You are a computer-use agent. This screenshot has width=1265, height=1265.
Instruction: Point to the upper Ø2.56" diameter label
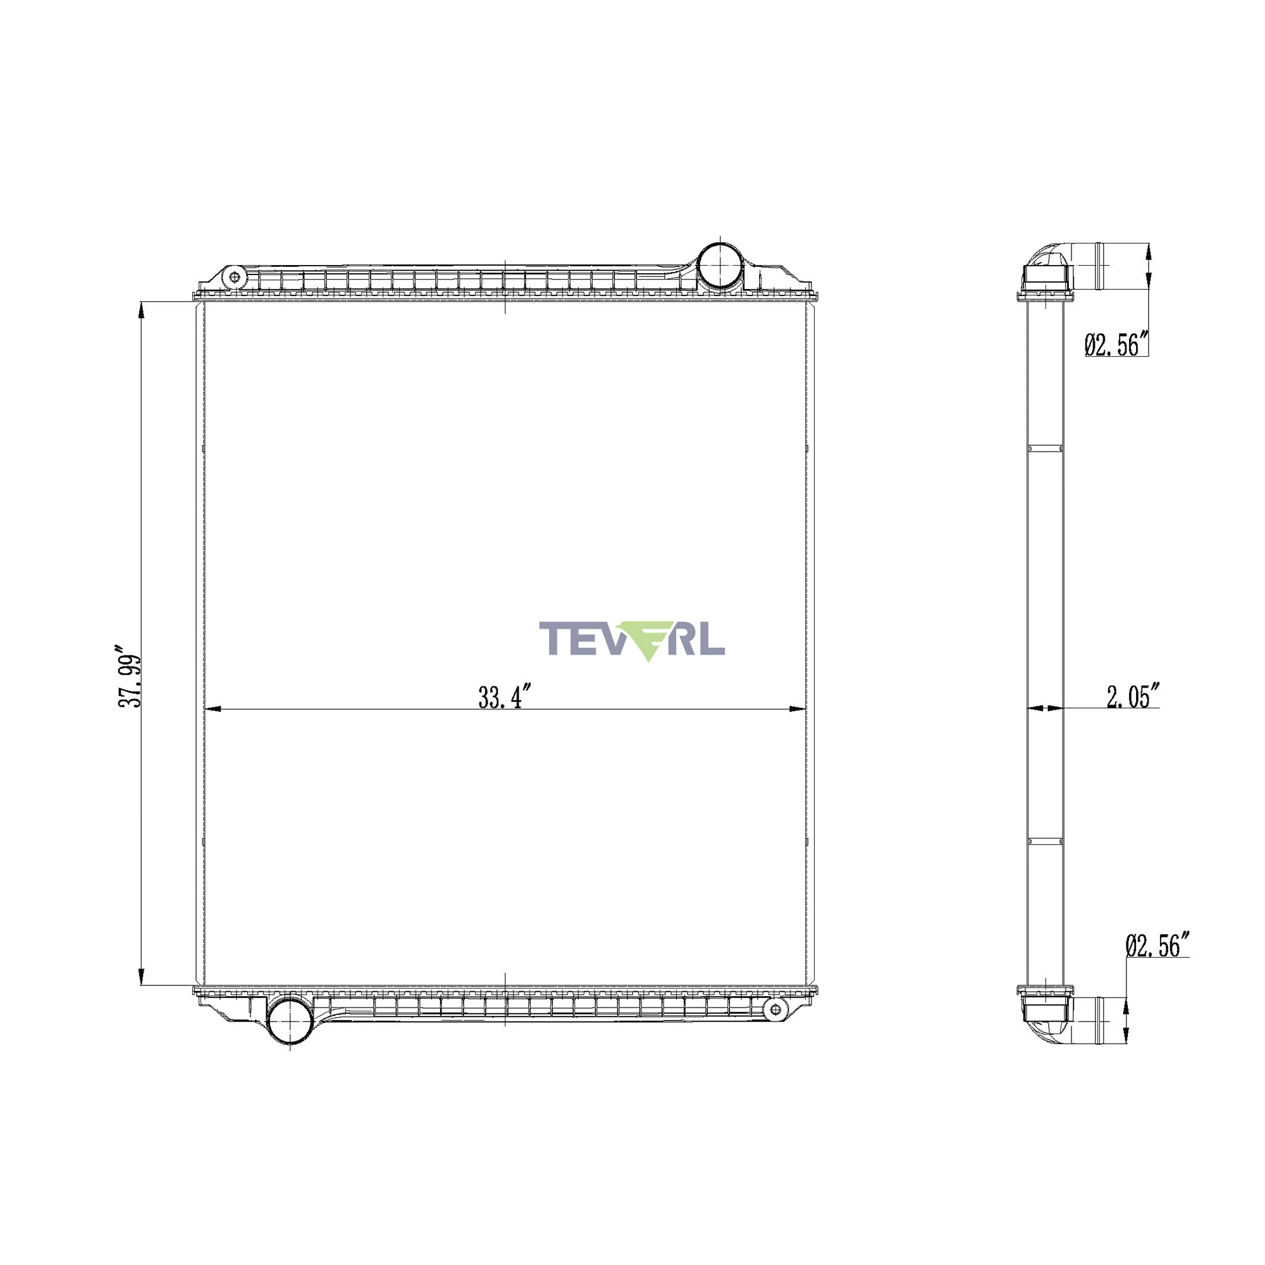1117,343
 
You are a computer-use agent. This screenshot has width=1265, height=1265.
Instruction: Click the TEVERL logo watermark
632,640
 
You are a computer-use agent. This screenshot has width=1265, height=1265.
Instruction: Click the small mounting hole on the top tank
235,278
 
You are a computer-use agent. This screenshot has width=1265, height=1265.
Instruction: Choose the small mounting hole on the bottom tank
775,1008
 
